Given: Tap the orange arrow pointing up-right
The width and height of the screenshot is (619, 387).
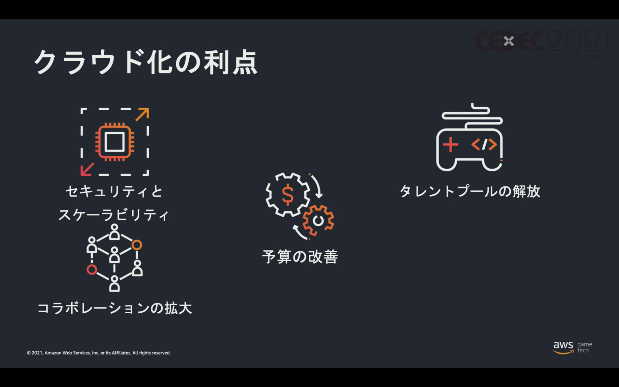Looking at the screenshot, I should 143,114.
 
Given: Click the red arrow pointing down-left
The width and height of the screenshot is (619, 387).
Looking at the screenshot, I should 87,170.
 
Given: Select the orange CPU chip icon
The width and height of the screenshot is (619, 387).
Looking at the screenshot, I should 115,142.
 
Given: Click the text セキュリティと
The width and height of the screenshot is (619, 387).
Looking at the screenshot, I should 114,192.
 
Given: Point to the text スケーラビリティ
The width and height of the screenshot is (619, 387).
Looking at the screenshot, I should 114,215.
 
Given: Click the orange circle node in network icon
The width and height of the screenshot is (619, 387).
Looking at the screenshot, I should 137,245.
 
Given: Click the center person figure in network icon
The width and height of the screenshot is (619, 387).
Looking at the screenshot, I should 114,255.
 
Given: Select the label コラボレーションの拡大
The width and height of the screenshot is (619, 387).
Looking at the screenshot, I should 115,308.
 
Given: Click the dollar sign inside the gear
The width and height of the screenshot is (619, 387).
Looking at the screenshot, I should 287,195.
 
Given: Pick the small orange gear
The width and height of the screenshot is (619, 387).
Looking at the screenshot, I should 318,220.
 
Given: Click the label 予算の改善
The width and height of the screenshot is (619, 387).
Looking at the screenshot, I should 300,257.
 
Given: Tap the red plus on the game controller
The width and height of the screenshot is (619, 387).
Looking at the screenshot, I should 450,145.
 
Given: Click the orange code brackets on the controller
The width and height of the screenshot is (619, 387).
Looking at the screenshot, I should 484,145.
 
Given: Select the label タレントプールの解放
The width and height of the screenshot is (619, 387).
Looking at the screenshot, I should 470,191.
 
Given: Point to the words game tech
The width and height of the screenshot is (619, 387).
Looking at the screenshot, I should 585,347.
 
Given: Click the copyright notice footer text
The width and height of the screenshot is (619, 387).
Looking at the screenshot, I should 99,353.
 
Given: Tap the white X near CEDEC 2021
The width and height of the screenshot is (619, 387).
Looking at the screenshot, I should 509,41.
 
